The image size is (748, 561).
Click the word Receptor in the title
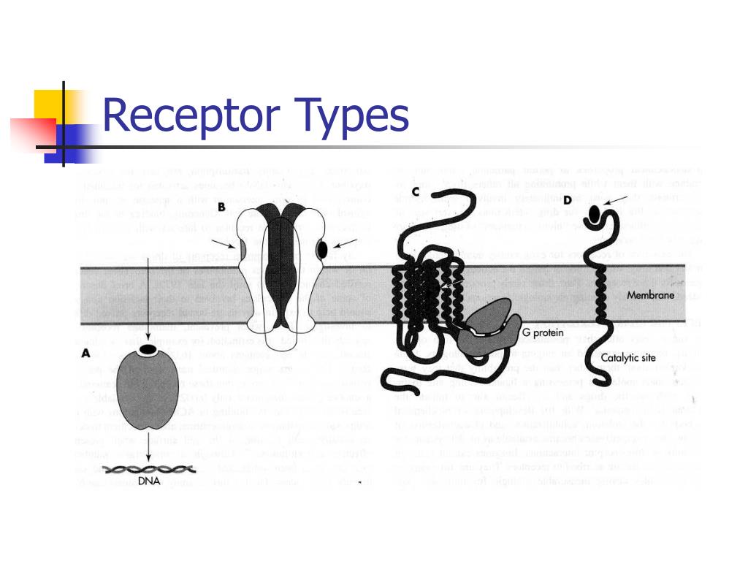point(192,117)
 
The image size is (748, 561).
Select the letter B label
point(221,207)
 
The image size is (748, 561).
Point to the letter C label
point(415,192)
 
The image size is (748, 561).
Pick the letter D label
point(588,199)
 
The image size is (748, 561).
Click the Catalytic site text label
point(628,357)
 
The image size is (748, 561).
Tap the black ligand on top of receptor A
point(148,350)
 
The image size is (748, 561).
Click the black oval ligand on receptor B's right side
point(321,251)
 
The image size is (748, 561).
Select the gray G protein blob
point(492,325)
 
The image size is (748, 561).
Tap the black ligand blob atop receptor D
point(596,214)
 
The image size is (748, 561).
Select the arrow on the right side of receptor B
point(346,243)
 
